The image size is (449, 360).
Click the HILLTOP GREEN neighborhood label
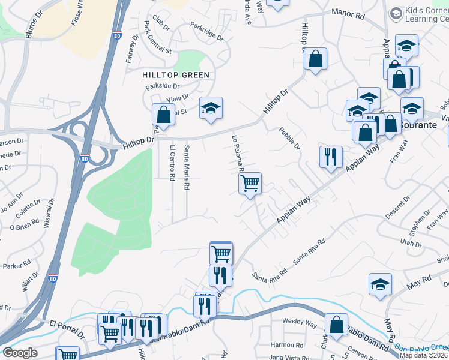click(176, 75)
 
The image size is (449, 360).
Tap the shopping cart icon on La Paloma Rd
click(250, 183)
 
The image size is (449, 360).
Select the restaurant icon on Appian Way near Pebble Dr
click(331, 157)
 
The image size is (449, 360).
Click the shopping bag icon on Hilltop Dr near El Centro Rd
click(163, 115)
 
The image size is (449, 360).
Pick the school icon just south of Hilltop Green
click(211, 108)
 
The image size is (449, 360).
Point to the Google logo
click(20, 352)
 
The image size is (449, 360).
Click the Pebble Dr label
click(289, 139)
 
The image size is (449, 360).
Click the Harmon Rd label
click(286, 345)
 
